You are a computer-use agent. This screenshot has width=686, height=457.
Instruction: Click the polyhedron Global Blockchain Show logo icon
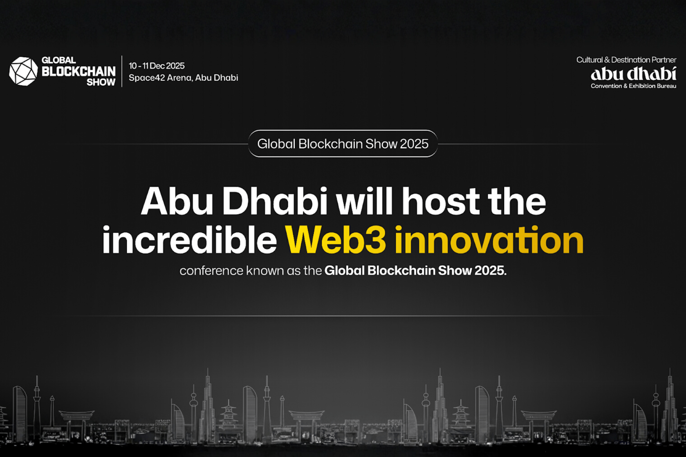coord(23,71)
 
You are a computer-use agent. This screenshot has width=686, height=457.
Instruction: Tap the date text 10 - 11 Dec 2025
coord(156,66)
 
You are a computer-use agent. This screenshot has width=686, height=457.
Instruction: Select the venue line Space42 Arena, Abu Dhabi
coord(183,78)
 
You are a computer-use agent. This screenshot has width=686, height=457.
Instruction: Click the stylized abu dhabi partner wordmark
coord(633,74)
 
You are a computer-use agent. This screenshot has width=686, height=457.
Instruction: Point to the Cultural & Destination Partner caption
coord(626,60)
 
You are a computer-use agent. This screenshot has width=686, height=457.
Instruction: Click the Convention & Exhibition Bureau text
coord(633,86)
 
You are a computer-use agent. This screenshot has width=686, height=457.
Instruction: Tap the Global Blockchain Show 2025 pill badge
coord(343,144)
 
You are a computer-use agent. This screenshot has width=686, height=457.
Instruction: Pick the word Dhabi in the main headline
coord(275,201)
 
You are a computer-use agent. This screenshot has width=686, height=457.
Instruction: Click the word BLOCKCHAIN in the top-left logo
coord(79,71)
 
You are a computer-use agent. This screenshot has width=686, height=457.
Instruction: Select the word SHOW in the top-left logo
coord(101,82)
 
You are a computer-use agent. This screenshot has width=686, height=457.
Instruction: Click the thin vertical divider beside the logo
coord(122,71)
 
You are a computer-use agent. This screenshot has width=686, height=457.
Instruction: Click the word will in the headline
coord(365,201)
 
